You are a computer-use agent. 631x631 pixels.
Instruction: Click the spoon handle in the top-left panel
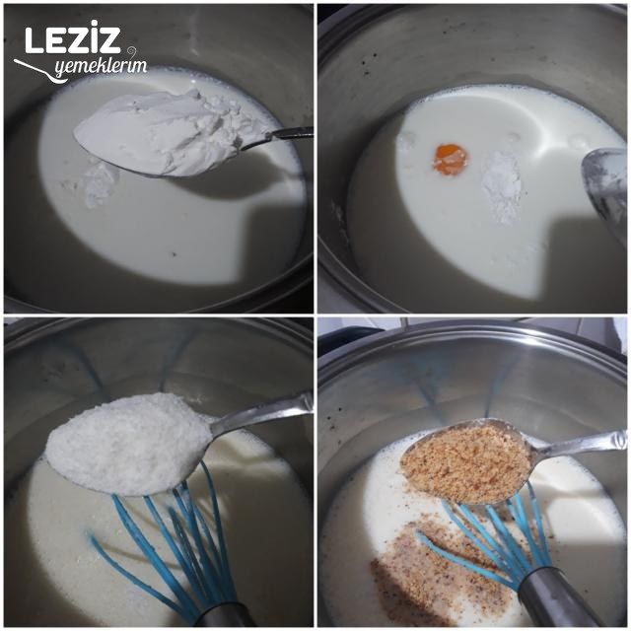coord(281,136)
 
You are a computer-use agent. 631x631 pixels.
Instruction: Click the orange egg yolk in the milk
coord(451,159)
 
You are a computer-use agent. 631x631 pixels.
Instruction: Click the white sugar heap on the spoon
coord(128,442)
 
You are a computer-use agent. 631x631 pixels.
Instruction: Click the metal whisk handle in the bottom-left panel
coord(222,616)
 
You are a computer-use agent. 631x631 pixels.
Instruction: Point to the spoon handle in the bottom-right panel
coord(582,442)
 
